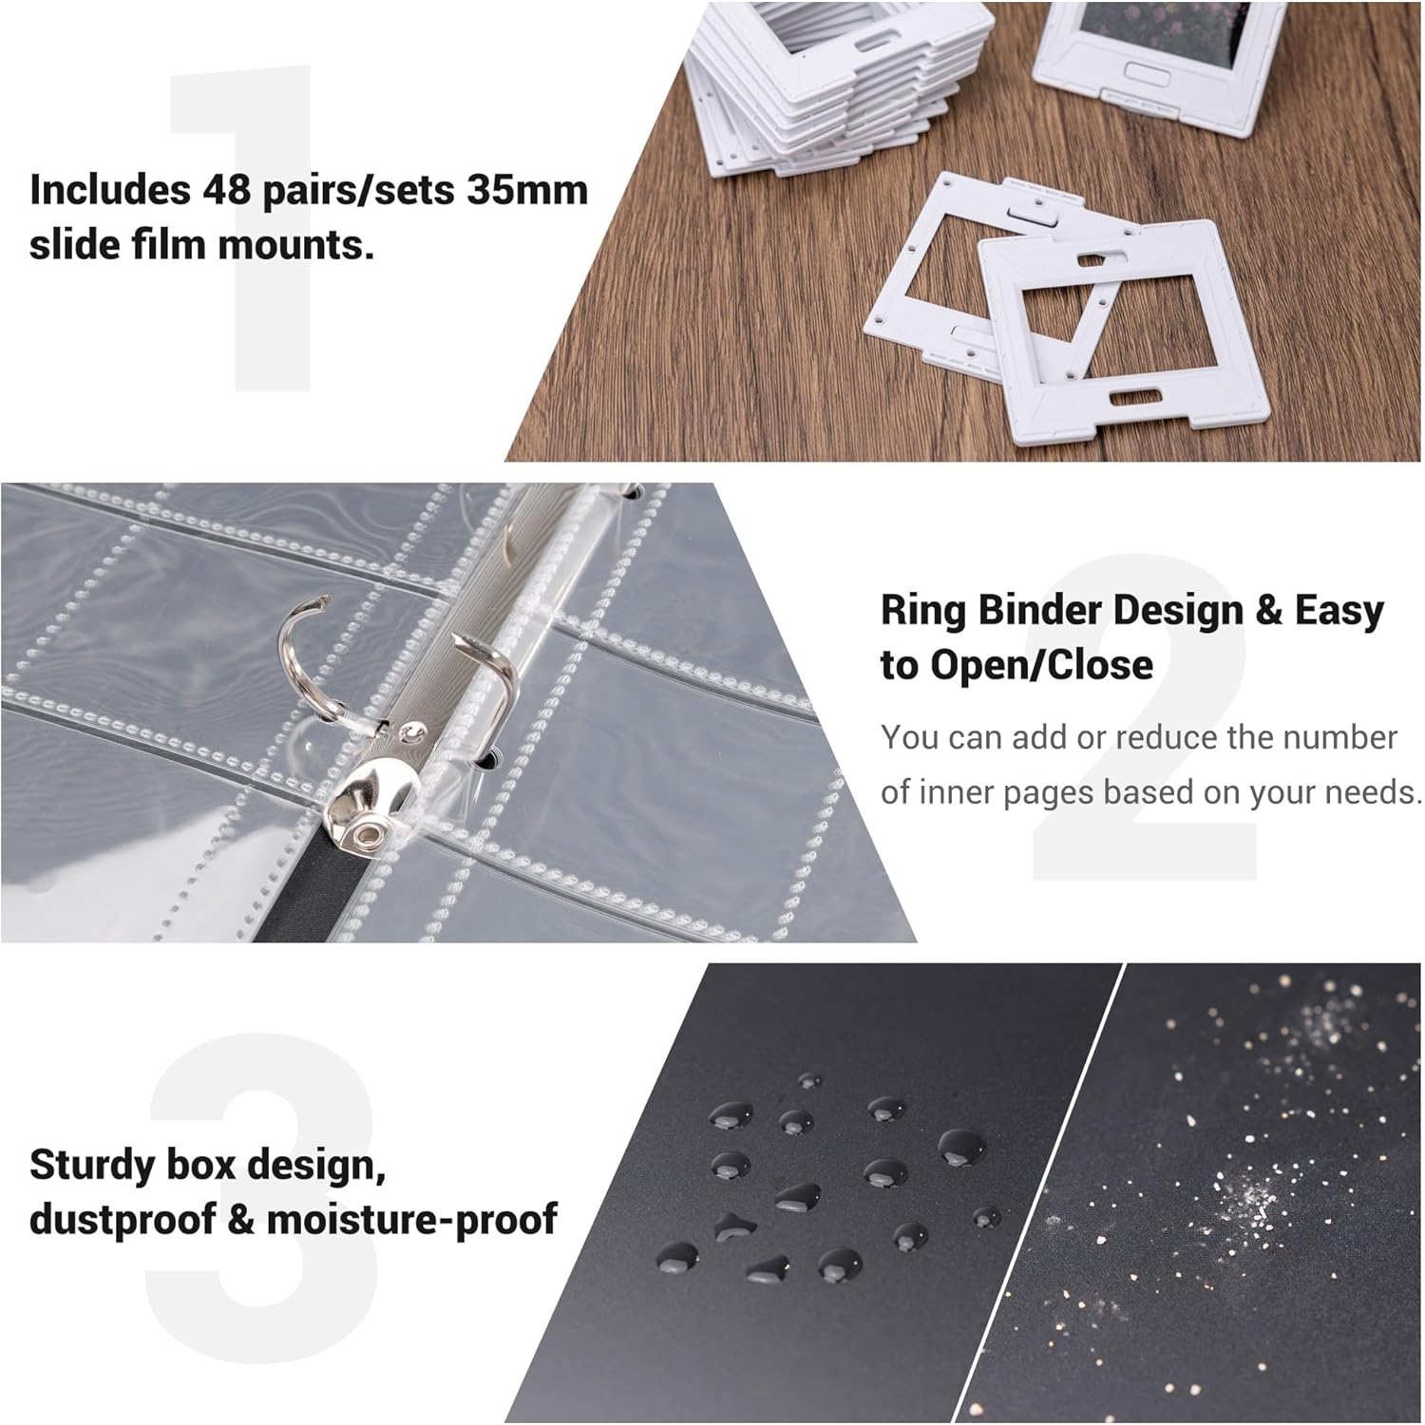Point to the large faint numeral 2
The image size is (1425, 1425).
[1145, 717]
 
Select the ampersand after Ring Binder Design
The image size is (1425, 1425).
[1269, 610]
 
